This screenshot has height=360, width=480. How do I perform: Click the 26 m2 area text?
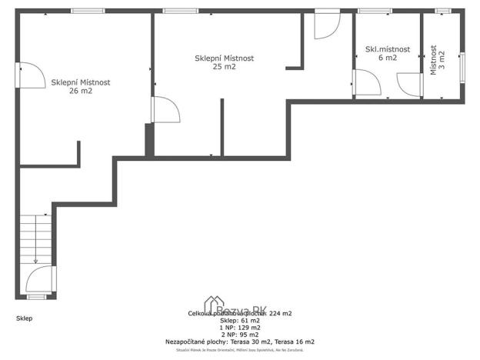(81, 91)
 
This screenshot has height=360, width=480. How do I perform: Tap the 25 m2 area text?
(225, 67)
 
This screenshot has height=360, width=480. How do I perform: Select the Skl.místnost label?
(387, 49)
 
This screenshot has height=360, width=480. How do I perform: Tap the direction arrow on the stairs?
(35, 260)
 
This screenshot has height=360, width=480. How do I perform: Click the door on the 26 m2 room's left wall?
(29, 77)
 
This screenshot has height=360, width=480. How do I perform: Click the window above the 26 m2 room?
(82, 11)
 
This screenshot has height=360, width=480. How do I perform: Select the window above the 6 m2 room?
(374, 11)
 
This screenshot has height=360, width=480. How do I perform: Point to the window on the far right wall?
(462, 67)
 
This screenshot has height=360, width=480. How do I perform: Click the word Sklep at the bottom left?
(25, 318)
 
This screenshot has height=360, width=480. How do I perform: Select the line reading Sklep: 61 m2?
(239, 321)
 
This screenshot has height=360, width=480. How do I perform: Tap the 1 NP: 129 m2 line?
(239, 328)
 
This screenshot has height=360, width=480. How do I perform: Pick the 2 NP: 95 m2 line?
(239, 335)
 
